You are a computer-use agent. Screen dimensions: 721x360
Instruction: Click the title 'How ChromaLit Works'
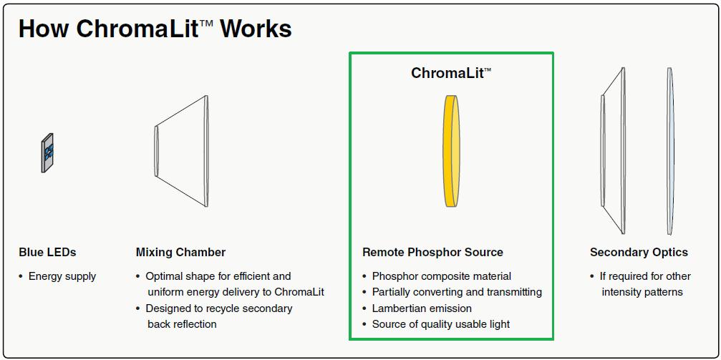(155, 29)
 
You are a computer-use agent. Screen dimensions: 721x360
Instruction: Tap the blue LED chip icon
(47, 152)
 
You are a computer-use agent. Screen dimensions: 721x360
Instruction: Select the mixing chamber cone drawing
(181, 151)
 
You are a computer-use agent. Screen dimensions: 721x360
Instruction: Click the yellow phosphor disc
(452, 151)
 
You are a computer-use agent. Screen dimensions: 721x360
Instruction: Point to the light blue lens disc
(670, 151)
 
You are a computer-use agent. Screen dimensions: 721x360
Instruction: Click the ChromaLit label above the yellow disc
(451, 72)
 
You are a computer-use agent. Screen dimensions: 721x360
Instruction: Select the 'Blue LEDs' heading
(47, 252)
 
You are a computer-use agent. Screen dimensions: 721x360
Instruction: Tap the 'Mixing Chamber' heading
(180, 252)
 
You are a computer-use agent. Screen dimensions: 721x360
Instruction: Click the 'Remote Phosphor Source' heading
(432, 252)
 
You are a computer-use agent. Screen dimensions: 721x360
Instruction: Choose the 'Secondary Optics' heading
(639, 252)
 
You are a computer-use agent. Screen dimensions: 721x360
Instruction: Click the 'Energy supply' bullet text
(62, 276)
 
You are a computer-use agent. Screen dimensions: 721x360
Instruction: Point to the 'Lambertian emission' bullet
(422, 308)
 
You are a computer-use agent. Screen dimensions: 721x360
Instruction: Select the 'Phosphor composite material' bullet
(442, 276)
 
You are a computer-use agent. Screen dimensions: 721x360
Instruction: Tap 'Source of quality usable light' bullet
(441, 324)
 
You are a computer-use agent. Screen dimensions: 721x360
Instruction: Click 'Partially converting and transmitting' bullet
(457, 292)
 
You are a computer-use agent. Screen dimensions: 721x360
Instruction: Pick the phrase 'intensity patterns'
(642, 292)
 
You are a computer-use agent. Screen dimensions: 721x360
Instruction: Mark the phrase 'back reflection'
(182, 324)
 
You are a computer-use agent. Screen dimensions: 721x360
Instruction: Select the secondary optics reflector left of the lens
(613, 151)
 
